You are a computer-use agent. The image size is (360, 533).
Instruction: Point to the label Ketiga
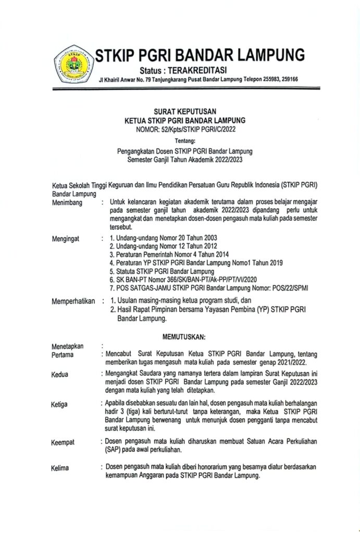click(60, 404)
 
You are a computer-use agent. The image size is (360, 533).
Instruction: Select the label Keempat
click(63, 442)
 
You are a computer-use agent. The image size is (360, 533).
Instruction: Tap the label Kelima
click(60, 468)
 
